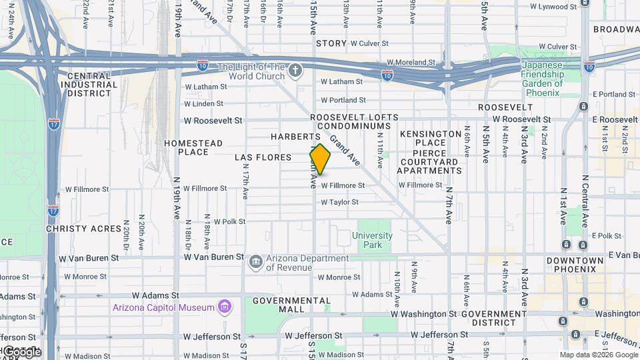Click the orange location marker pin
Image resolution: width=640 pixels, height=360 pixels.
[320, 159]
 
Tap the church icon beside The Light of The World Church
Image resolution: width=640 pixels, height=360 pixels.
[295, 69]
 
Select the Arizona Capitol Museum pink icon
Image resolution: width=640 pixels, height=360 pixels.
[225, 307]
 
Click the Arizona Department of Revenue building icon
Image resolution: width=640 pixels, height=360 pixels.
[255, 263]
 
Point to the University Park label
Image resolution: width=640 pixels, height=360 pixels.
[372, 240]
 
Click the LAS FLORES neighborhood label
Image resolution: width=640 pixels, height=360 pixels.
[263, 157]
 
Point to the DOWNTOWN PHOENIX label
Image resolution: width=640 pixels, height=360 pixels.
[575, 265]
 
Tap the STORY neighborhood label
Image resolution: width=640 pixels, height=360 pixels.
[331, 43]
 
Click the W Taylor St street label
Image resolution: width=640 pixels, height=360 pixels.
[340, 202]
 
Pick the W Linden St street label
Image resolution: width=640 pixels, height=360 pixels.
[203, 104]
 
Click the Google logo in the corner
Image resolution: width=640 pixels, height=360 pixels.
[21, 351]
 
